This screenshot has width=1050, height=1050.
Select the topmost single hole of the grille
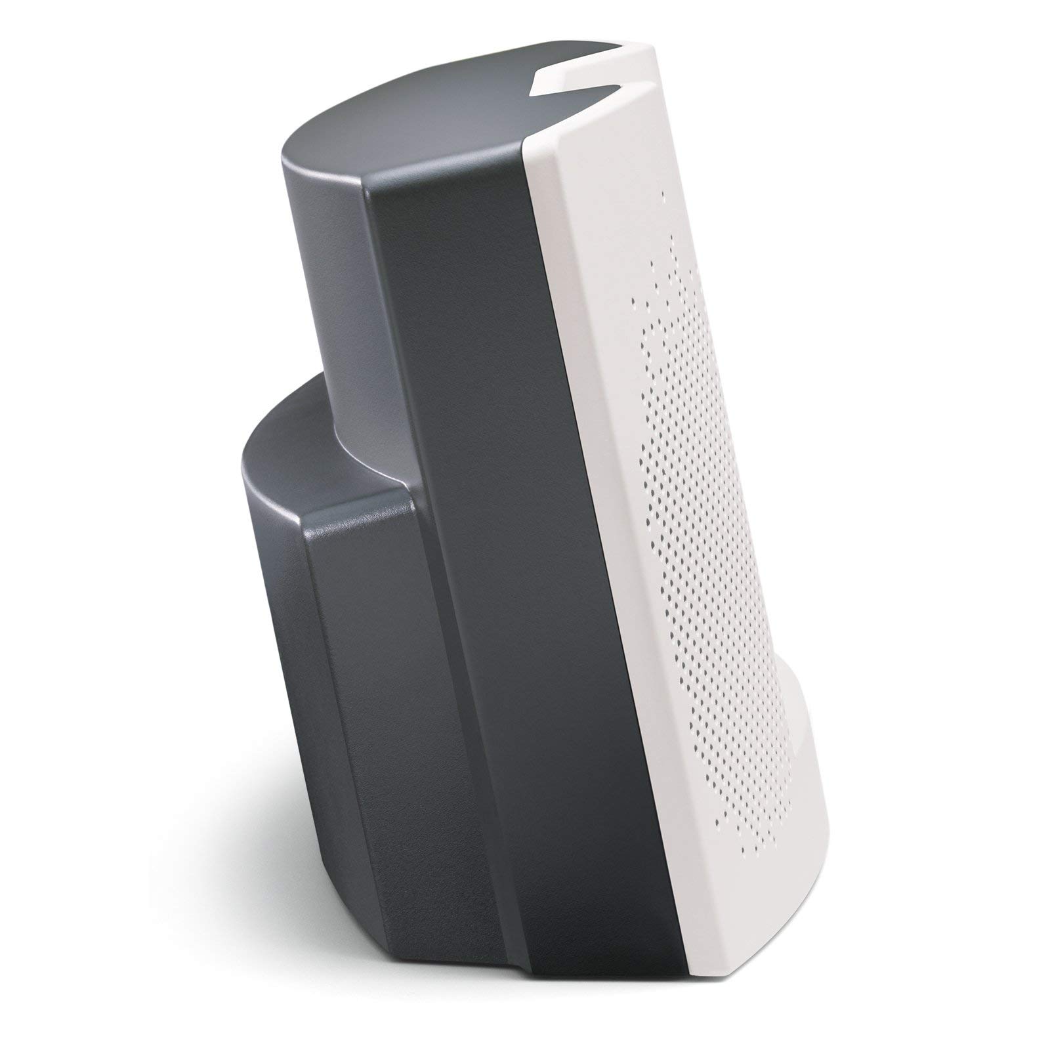pos(663,194)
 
